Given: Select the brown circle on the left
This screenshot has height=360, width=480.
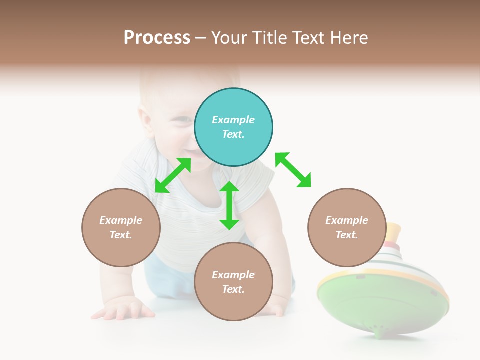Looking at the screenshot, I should click(121, 227).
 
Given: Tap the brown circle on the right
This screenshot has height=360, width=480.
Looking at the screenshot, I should click(347, 227).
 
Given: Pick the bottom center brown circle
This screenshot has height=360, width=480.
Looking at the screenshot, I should click(233, 282).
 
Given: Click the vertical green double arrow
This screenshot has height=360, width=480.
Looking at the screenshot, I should click(229, 205).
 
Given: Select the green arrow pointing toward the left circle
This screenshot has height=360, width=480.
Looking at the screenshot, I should click(173, 175).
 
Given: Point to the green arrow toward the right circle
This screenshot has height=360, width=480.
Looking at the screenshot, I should click(293, 170).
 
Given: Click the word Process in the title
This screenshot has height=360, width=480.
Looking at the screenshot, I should click(157, 37).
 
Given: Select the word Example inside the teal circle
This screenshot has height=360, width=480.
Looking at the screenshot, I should click(233, 120).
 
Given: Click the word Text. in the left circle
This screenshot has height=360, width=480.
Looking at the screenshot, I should click(121, 235).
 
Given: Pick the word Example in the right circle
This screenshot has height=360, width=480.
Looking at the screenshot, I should click(347, 220).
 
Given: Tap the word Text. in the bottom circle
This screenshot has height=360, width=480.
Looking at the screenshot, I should click(233, 289).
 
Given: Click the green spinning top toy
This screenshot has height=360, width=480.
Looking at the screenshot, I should click(382, 300).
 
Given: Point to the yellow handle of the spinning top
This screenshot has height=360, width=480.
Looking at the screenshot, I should click(393, 231).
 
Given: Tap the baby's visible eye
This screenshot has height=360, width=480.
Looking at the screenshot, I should click(183, 120).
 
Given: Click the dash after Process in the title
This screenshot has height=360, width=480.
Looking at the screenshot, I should click(201, 38).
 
